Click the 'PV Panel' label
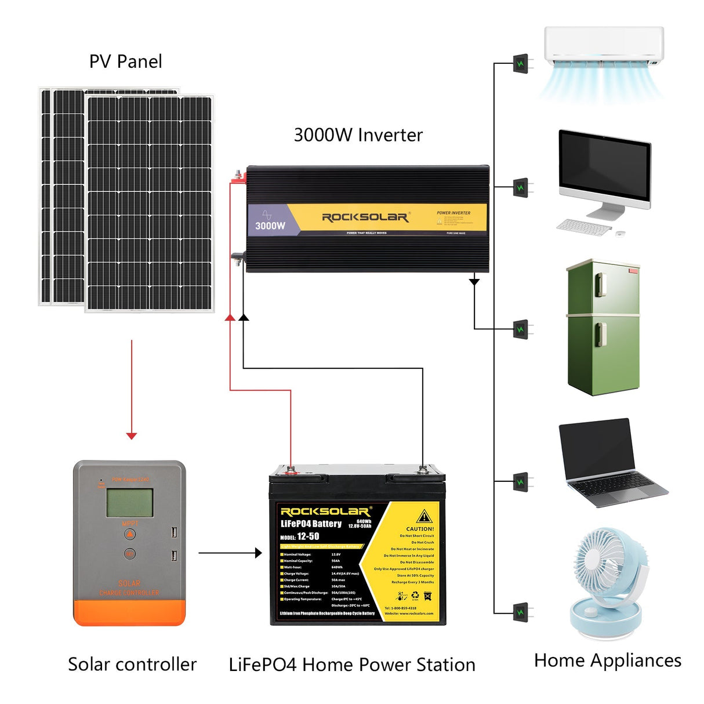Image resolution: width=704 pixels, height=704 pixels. pyautogui.click(x=125, y=61)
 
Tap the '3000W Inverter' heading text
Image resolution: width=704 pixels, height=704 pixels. pyautogui.click(x=358, y=135)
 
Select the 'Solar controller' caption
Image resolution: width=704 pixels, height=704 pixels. pyautogui.click(x=132, y=664)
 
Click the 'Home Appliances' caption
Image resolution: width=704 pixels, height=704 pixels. pyautogui.click(x=607, y=660)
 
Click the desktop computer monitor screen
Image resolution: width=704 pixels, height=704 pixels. pyautogui.click(x=604, y=168)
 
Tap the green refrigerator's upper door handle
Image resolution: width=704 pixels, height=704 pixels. pyautogui.click(x=601, y=284)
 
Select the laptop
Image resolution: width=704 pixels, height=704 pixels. pyautogui.click(x=609, y=461)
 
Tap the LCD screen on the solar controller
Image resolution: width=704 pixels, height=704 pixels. pyautogui.click(x=129, y=502)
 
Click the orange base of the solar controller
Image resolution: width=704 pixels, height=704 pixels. pyautogui.click(x=129, y=612)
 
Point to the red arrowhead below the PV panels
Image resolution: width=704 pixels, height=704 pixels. pyautogui.click(x=132, y=436)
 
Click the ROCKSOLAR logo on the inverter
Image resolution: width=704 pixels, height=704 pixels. pyautogui.click(x=365, y=217)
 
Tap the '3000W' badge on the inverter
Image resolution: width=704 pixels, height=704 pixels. pyautogui.click(x=270, y=226)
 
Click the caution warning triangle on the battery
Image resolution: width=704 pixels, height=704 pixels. pyautogui.click(x=424, y=516)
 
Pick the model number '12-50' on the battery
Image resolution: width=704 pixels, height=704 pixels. pyautogui.click(x=308, y=536)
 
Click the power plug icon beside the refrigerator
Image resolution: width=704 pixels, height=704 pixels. pyautogui.click(x=521, y=329)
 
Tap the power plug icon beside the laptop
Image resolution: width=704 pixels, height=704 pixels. pyautogui.click(x=521, y=482)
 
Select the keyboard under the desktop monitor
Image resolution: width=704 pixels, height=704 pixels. pyautogui.click(x=583, y=226)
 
